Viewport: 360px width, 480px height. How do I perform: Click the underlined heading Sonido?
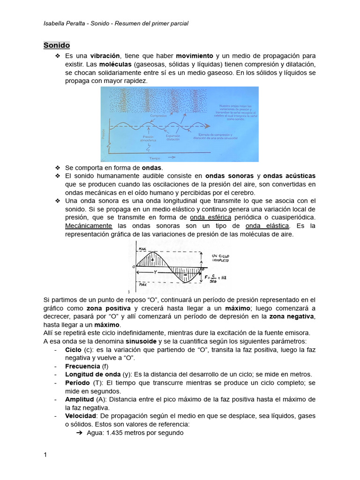[57, 45]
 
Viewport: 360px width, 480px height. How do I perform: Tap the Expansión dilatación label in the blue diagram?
[173, 138]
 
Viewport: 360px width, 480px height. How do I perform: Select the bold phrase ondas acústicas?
[289, 176]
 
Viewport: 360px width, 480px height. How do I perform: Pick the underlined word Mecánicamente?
[88, 226]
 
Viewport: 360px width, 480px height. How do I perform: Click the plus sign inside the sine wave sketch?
[152, 259]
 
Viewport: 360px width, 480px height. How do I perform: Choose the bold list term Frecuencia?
[82, 366]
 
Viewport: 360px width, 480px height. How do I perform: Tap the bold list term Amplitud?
[79, 399]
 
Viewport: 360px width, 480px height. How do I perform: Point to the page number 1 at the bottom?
[45, 455]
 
